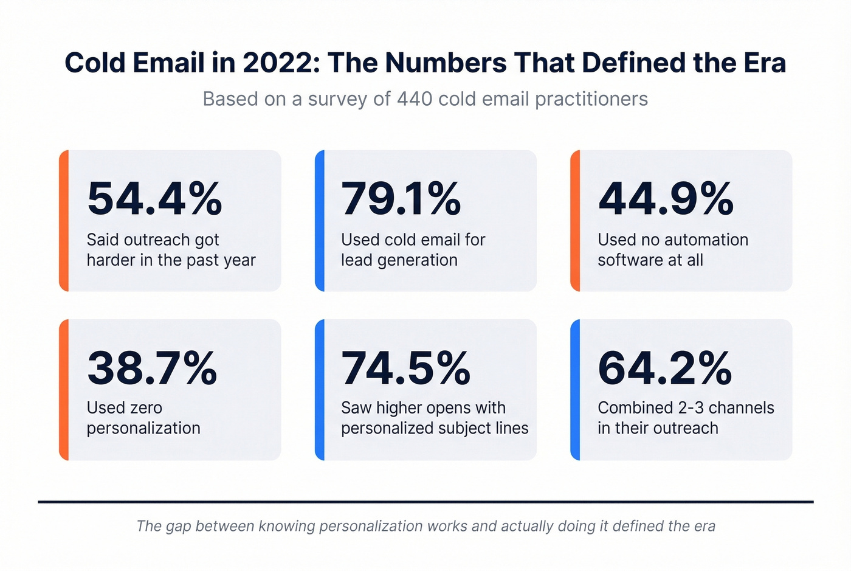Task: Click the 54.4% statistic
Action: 154,199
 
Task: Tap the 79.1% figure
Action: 401,199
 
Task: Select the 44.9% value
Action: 666,199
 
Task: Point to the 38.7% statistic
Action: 152,368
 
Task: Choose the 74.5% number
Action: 405,368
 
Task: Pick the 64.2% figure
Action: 664,368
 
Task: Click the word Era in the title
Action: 764,63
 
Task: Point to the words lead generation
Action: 399,260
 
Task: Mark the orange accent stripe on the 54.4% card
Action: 64,221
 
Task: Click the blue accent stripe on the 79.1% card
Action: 320,221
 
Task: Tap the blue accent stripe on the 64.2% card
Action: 575,390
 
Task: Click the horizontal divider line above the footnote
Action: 425,502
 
